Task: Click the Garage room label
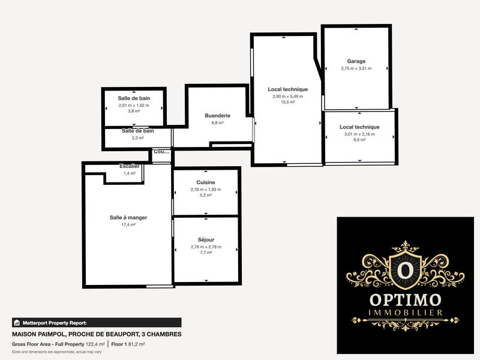(x=356, y=61)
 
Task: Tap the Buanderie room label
(x=217, y=115)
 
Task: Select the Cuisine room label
(x=206, y=182)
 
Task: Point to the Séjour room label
(x=206, y=239)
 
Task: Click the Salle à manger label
(x=128, y=217)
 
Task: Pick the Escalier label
(x=130, y=166)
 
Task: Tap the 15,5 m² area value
(x=287, y=103)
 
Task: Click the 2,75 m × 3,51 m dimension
(x=356, y=68)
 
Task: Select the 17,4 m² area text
(x=128, y=224)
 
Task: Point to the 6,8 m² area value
(x=217, y=122)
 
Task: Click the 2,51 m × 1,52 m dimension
(x=134, y=106)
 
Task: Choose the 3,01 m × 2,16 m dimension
(x=359, y=134)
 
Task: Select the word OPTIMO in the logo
(x=406, y=299)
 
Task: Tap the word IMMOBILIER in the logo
(x=406, y=313)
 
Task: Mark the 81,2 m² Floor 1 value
(x=137, y=344)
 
